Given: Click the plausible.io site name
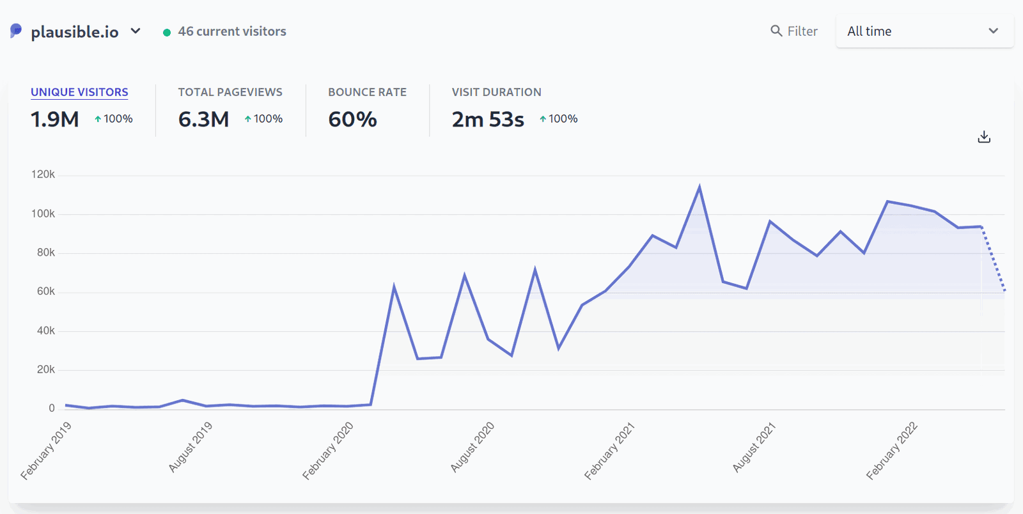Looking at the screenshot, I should [75, 32].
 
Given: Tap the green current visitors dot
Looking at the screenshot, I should [167, 33].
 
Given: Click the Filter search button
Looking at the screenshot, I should [794, 31].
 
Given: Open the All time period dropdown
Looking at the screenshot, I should [924, 31].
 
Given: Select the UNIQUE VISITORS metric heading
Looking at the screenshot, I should [79, 92].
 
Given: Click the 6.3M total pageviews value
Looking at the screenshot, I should [203, 120].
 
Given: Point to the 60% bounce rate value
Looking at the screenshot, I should [352, 120].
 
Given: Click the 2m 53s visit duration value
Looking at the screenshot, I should [488, 120].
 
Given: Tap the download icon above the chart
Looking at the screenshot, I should [984, 137].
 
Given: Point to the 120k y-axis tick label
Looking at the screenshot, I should [43, 175].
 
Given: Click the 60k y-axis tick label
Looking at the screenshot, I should [46, 292].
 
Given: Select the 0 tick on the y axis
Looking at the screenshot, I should [52, 409].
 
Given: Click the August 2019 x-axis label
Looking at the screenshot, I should [190, 448].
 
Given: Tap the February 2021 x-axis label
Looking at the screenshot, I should [609, 451].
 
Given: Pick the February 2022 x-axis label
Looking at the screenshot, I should [892, 451].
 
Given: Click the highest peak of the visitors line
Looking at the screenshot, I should [699, 187].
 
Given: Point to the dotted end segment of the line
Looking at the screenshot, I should [994, 259].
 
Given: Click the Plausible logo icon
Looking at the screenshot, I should [16, 31].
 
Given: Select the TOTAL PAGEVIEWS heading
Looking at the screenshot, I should [230, 92].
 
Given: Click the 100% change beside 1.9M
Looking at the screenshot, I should [114, 119].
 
